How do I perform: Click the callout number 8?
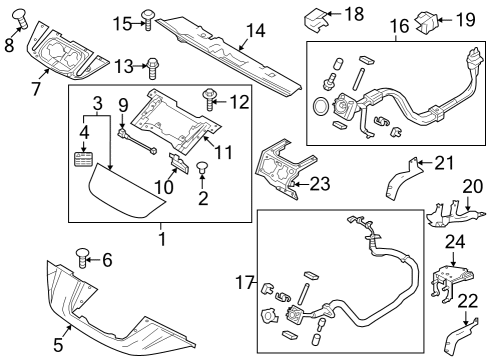(x=10, y=44)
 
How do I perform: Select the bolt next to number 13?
(x=153, y=67)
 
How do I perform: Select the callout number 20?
(x=471, y=188)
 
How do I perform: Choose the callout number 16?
(x=398, y=22)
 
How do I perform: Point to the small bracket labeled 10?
(x=177, y=163)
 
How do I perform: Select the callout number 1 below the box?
(x=161, y=239)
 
